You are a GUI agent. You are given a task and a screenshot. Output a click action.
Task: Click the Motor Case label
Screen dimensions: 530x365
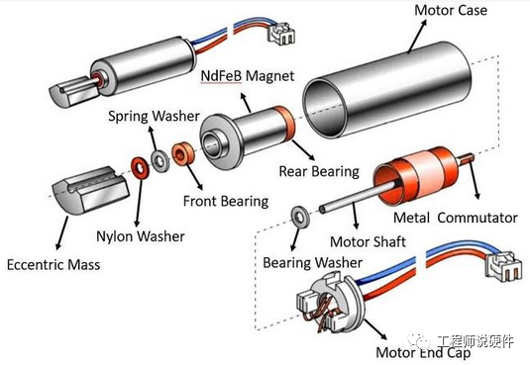pyautogui.click(x=451, y=10)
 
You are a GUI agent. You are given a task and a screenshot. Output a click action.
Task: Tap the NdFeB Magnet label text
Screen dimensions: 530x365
pyautogui.click(x=248, y=75)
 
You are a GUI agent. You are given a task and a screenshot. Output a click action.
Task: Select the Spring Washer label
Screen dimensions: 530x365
pyautogui.click(x=154, y=116)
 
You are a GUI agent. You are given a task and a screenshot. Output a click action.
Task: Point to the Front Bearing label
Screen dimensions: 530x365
pyautogui.click(x=226, y=201)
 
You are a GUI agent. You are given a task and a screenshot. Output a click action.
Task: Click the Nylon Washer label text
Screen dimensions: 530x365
pyautogui.click(x=141, y=236)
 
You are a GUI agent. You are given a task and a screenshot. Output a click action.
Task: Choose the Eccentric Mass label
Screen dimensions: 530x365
pyautogui.click(x=53, y=265)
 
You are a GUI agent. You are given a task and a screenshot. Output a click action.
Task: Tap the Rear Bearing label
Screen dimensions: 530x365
pyautogui.click(x=319, y=171)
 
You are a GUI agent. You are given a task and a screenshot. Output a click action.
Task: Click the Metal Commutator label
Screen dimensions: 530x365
pyautogui.click(x=456, y=218)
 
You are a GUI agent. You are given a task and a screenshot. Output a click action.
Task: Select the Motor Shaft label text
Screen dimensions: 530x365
pyautogui.click(x=368, y=241)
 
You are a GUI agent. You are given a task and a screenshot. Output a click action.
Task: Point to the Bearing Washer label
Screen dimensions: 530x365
pyautogui.click(x=313, y=263)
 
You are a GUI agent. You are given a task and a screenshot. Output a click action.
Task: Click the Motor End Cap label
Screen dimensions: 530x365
pyautogui.click(x=423, y=352)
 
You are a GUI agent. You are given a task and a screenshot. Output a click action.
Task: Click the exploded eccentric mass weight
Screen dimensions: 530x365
pyautogui.click(x=90, y=191)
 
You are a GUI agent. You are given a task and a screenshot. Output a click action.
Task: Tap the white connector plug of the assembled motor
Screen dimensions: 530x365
pyautogui.click(x=281, y=34)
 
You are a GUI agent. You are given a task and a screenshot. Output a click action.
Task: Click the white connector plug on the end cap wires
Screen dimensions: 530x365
pyautogui.click(x=503, y=266)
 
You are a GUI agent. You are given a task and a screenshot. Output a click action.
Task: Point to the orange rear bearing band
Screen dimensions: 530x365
pyautogui.click(x=284, y=124)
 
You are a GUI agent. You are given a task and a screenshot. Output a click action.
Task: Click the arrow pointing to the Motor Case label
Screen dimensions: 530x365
pyautogui.click(x=417, y=37)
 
